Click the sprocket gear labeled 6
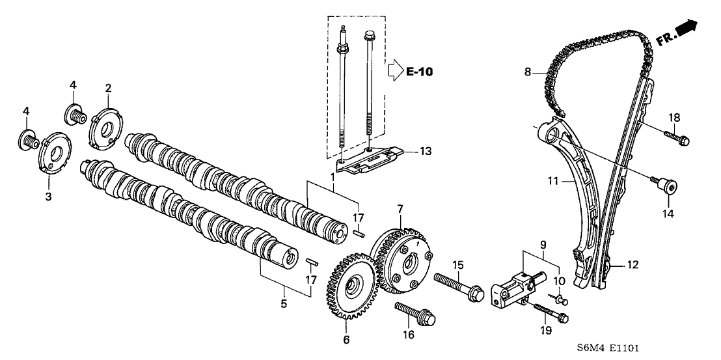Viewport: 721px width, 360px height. [349, 286]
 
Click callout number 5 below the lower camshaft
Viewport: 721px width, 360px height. [284, 303]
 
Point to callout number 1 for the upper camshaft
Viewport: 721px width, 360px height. [334, 177]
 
